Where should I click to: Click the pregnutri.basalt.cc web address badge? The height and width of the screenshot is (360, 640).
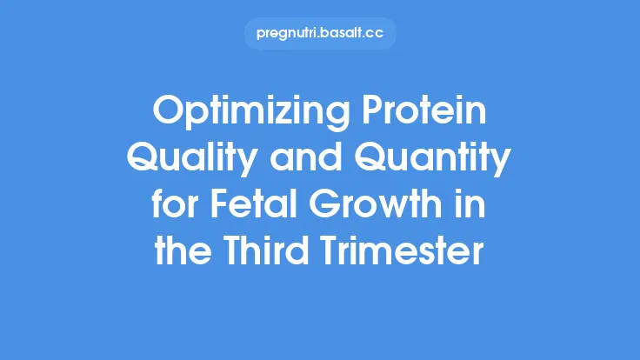[320, 34]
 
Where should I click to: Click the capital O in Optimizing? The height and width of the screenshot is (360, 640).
[167, 113]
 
